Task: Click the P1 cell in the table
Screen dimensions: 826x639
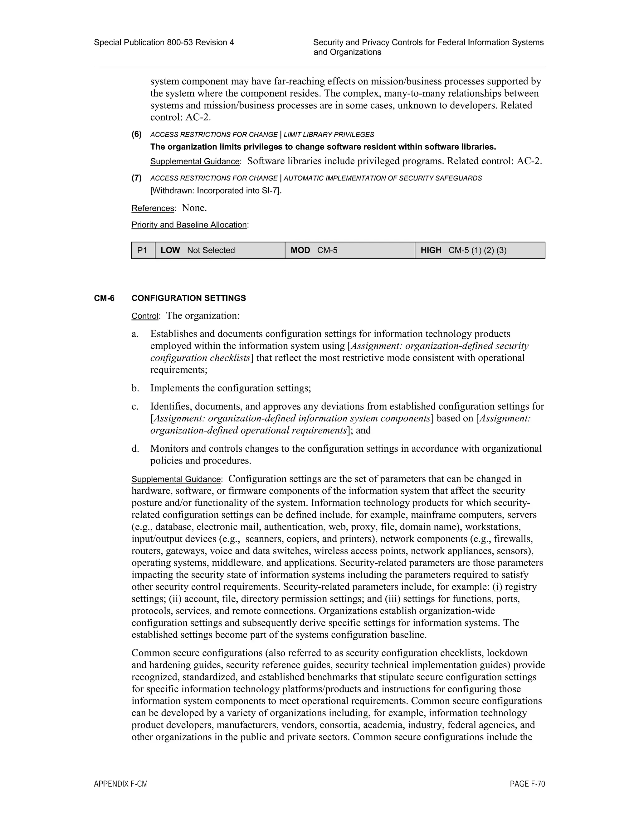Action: point(143,250)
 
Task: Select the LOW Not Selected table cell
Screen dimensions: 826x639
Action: point(220,250)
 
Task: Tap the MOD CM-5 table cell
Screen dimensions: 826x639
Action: point(349,250)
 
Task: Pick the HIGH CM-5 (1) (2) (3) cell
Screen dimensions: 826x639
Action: point(479,250)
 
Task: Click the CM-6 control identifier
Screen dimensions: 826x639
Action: point(104,298)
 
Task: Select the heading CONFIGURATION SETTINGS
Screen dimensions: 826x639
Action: point(188,298)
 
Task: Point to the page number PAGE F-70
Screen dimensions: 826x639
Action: point(527,784)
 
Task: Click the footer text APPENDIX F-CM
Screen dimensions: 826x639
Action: point(121,784)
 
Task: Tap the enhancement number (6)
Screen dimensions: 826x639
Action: point(137,134)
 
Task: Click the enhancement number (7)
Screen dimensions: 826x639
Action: point(137,178)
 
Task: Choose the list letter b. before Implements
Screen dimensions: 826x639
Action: point(135,388)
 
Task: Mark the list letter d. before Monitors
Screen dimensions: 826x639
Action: point(135,449)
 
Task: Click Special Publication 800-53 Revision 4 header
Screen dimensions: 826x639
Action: point(164,42)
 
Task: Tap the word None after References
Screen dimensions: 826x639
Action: point(194,208)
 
